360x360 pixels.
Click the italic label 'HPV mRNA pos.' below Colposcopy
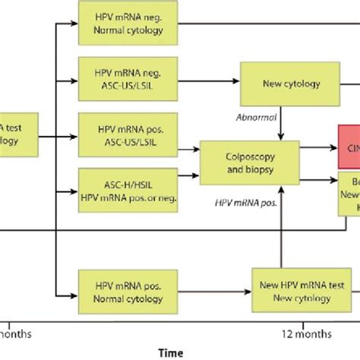click(250, 204)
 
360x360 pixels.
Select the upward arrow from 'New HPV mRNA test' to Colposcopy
click(282, 228)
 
